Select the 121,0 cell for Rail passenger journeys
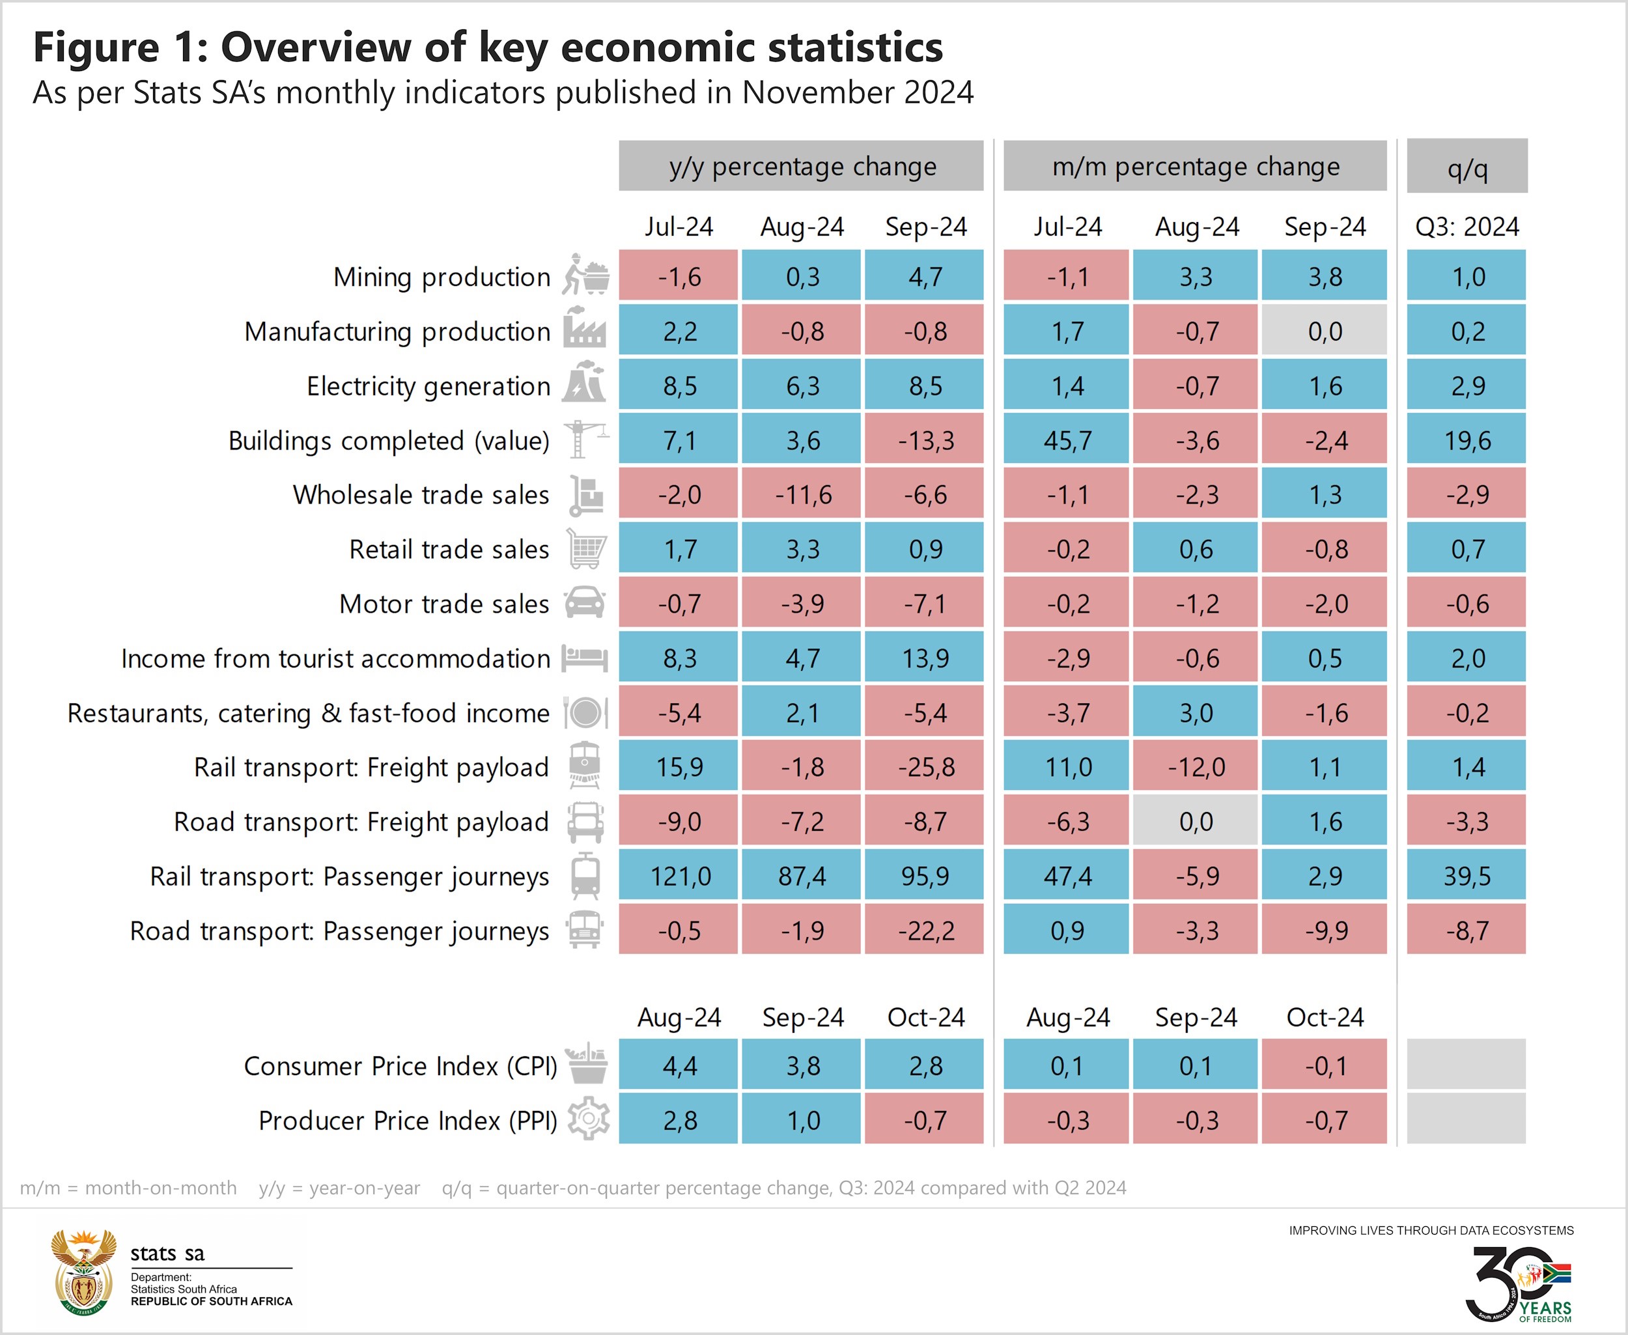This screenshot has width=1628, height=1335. pos(679,876)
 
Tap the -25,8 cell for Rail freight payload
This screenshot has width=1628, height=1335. pos(925,766)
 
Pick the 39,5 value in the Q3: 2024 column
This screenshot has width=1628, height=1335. pos(1467,876)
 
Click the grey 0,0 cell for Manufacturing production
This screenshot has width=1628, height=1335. pos(1325,331)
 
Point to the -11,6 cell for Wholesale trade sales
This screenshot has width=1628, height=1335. pos(802,494)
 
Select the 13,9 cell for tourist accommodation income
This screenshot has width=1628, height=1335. pos(925,658)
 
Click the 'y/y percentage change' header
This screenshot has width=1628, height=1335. pos(802,166)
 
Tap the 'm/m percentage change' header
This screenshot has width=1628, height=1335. pos(1195,166)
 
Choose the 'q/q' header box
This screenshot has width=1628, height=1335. pos(1467,167)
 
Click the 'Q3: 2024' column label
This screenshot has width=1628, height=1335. pos(1467,227)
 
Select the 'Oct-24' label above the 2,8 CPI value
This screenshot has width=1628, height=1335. pos(925,1017)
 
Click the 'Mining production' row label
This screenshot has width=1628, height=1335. pos(442,277)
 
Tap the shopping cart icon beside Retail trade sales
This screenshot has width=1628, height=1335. pos(586,548)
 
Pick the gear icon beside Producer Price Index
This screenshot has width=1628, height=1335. pos(588,1119)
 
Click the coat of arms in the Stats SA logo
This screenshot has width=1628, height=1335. pos(83,1272)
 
